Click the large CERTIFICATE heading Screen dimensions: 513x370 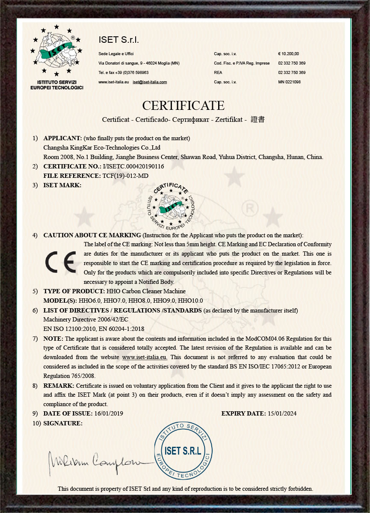[x=183, y=105]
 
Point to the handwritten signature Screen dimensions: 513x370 [x=96, y=460]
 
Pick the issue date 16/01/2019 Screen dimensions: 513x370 [x=109, y=413]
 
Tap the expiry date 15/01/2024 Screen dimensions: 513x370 [x=281, y=413]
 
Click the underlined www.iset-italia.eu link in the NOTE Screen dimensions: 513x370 [x=145, y=357]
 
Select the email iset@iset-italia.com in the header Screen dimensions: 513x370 [x=150, y=82]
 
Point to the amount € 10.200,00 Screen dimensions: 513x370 [x=289, y=54]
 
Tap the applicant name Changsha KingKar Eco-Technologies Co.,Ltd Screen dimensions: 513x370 [x=90, y=147]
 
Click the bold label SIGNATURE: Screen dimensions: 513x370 [x=62, y=423]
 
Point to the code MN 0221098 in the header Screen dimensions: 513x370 [x=289, y=82]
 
